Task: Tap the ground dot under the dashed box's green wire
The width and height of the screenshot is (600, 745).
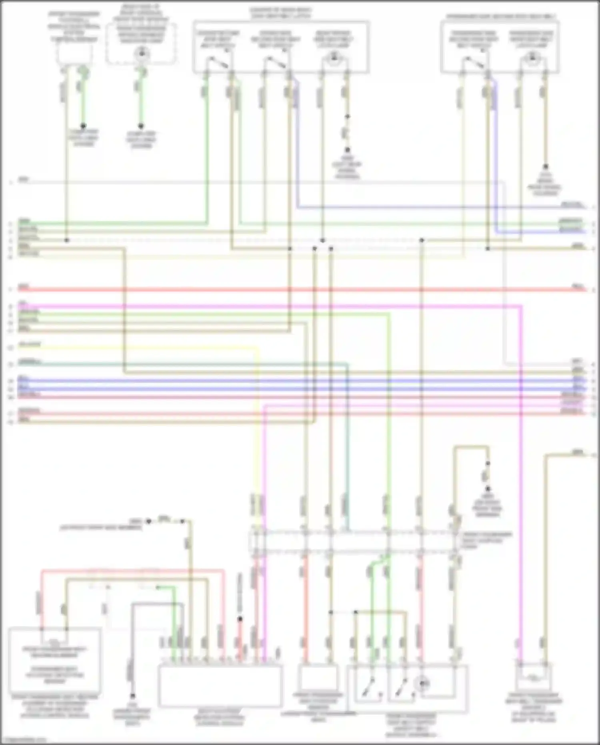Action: click(x=141, y=126)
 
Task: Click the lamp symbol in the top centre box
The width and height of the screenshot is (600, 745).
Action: click(x=333, y=59)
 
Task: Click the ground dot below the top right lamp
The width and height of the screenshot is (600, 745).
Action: click(x=545, y=167)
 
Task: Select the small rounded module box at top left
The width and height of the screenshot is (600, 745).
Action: click(x=75, y=54)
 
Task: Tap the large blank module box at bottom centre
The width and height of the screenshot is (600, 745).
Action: click(x=220, y=685)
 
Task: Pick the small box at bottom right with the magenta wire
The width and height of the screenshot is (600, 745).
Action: click(x=534, y=677)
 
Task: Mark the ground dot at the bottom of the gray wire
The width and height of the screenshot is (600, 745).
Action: click(x=132, y=696)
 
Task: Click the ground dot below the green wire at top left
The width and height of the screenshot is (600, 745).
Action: click(x=83, y=126)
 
